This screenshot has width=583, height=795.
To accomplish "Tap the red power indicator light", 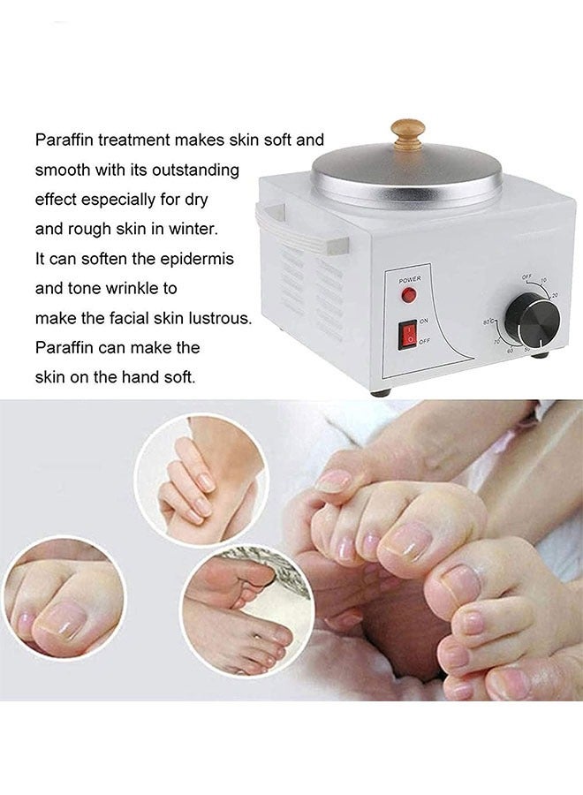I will point(409,295).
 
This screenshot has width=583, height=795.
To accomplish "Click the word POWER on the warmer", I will point(410,279).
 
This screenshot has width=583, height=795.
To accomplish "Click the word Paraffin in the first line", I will point(64,140).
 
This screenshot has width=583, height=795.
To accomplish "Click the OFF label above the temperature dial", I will point(526,276).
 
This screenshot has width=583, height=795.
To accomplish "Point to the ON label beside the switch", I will point(425,321).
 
